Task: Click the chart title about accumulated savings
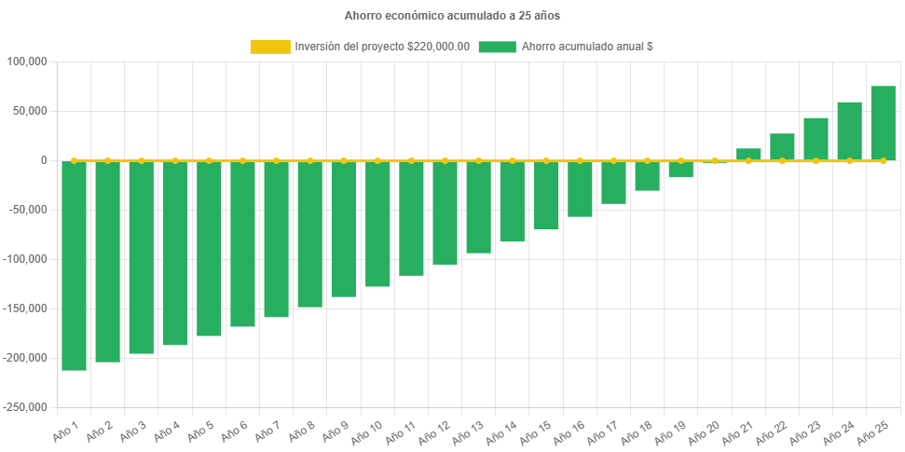[x=452, y=16]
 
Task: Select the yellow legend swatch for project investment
[x=269, y=47]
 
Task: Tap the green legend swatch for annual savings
[x=497, y=47]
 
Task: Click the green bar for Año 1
[x=74, y=266]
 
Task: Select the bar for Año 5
[x=209, y=248]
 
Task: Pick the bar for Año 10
[x=377, y=224]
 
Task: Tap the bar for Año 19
[x=680, y=169]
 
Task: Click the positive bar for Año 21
[x=748, y=154]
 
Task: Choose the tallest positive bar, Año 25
[x=883, y=123]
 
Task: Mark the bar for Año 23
[x=816, y=139]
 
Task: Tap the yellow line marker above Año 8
[x=310, y=160]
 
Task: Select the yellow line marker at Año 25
[x=883, y=161]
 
